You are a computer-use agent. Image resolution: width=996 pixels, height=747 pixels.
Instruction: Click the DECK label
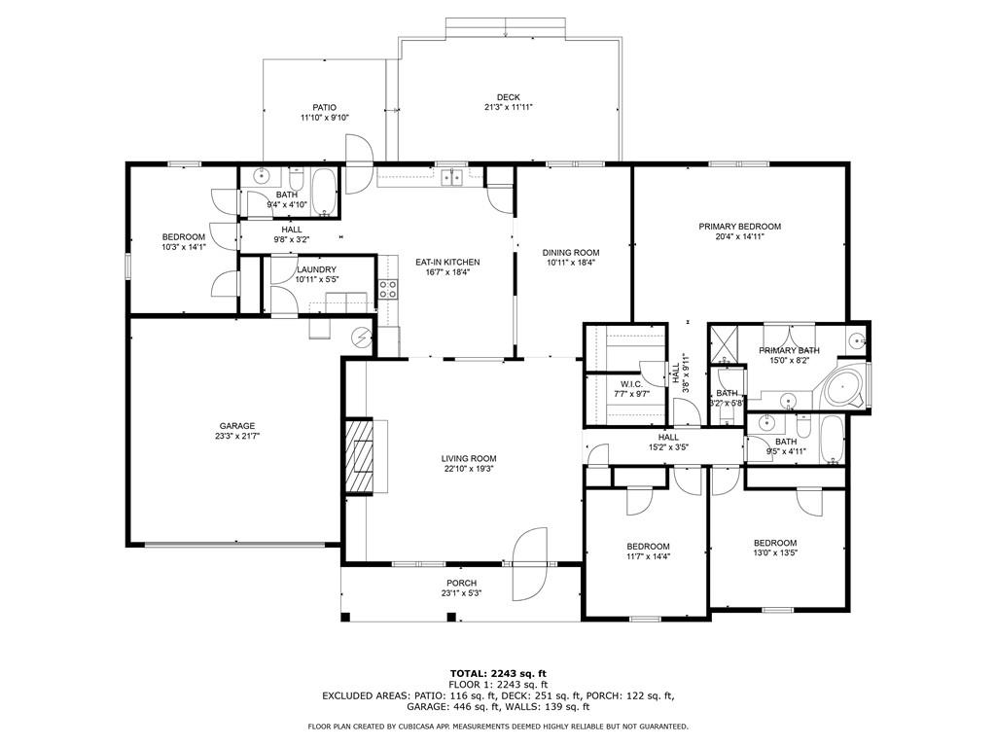pos(508,97)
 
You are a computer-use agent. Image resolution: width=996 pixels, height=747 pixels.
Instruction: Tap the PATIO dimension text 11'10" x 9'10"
pos(325,118)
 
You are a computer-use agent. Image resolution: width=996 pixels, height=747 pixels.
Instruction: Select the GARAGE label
pos(237,426)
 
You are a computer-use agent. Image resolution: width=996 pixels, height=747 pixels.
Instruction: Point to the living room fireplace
pos(359,456)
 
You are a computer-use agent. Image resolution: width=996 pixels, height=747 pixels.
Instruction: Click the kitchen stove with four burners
pos(388,289)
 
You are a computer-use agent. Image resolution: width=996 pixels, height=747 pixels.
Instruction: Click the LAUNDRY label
pos(316,269)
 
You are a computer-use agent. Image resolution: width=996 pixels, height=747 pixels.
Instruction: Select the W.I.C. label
pos(631,384)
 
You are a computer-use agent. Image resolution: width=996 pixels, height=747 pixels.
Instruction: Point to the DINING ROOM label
pos(571,252)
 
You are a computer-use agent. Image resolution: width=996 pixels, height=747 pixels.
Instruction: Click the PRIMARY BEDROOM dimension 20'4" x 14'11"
pos(740,236)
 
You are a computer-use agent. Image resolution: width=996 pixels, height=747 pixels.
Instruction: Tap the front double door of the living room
pos(530,563)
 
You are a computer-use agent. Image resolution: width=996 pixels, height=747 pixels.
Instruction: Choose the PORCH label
pos(462,584)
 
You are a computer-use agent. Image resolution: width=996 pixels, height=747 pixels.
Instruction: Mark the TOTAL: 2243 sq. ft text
pos(499,673)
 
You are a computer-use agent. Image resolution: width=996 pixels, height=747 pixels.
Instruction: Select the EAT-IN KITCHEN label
pos(447,262)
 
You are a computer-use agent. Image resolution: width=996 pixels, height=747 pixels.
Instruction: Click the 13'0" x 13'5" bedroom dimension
pos(775,552)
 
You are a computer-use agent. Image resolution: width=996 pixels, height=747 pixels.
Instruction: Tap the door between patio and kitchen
pos(359,164)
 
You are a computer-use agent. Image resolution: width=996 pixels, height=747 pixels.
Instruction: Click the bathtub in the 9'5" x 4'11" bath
pos(832,440)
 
